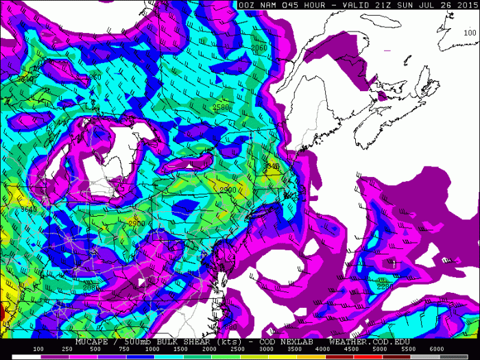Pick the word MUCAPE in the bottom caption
(94, 341)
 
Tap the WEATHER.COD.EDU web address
(368, 341)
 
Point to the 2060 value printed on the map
(259, 48)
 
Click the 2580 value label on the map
(221, 107)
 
